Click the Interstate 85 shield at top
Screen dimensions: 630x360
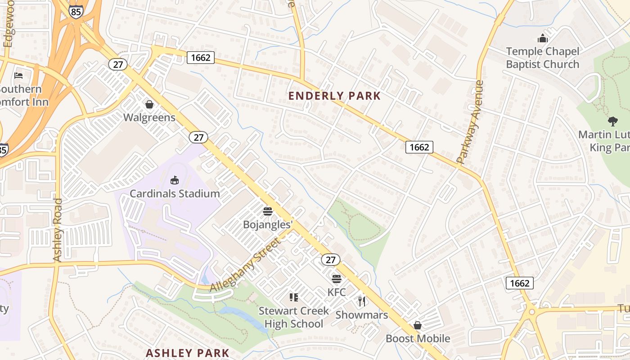click(x=76, y=11)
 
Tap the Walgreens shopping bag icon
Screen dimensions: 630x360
click(x=149, y=105)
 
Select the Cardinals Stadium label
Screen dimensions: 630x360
click(x=175, y=194)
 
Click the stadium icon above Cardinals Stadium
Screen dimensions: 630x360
click(x=175, y=180)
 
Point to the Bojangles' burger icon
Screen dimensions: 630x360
click(x=268, y=211)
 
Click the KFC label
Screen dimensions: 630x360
click(x=337, y=292)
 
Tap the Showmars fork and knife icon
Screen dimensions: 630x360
click(x=362, y=301)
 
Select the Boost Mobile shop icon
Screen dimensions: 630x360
click(x=418, y=325)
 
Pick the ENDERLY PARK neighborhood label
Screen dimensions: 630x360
click(x=334, y=96)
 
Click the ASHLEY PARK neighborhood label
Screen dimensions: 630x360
click(x=188, y=353)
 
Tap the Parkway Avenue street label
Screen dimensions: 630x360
click(x=470, y=121)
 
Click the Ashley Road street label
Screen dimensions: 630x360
click(x=58, y=229)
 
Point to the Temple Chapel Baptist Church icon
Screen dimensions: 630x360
click(x=543, y=38)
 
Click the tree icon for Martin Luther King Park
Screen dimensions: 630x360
click(x=612, y=121)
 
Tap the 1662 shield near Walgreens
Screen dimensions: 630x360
click(x=200, y=57)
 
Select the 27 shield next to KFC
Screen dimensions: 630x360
click(x=331, y=260)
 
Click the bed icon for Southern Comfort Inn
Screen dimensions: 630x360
click(x=18, y=75)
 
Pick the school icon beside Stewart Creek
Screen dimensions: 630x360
click(x=294, y=297)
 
